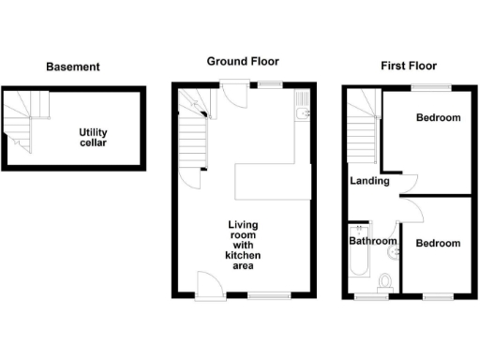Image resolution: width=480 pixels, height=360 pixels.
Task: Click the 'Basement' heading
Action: click(73, 67)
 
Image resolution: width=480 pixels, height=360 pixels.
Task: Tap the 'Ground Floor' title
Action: click(243, 62)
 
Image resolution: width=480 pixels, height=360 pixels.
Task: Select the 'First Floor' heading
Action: click(408, 67)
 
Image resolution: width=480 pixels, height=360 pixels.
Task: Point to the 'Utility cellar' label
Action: click(93, 138)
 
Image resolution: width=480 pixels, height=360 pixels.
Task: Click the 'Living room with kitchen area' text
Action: click(243, 245)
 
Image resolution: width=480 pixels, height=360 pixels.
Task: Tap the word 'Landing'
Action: click(369, 181)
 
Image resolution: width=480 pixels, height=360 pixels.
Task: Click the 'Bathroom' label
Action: click(373, 241)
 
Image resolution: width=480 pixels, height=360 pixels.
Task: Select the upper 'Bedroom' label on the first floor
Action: click(438, 118)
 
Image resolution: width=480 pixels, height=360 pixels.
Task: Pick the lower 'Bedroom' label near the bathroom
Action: click(438, 244)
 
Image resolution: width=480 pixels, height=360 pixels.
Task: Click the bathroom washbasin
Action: click(393, 250)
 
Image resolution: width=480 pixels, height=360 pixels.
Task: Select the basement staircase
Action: click(20, 122)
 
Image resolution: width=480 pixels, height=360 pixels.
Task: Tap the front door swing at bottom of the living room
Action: click(208, 282)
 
